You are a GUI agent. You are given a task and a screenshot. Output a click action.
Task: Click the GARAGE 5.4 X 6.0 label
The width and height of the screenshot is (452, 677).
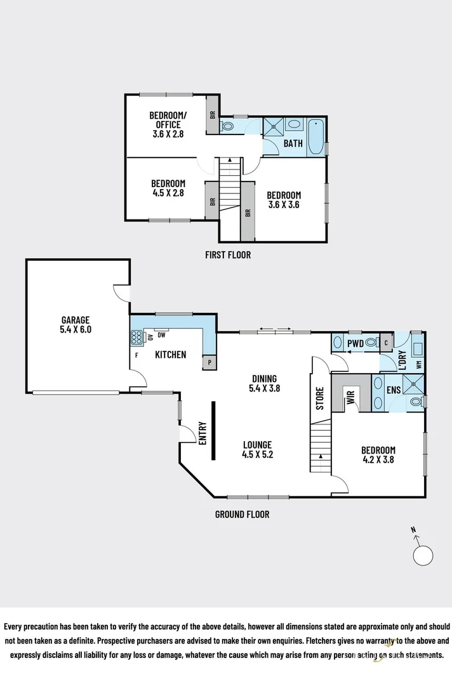coord(76,325)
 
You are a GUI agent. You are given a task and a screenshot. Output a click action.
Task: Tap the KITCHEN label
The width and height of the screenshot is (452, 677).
coord(171,355)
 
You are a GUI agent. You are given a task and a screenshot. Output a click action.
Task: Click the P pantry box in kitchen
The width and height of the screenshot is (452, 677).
coord(209,363)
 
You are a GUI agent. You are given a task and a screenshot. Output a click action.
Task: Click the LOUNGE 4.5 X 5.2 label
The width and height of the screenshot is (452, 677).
coord(256,450)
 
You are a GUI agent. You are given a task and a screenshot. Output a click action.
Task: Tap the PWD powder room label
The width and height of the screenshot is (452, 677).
coord(354,344)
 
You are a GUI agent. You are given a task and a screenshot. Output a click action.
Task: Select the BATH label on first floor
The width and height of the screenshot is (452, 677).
coord(293,143)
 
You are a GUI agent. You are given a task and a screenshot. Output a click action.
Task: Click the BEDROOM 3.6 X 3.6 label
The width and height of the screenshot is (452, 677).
coord(283,200)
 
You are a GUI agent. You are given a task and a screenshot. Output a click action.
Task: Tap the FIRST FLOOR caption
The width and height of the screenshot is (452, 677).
coord(228,255)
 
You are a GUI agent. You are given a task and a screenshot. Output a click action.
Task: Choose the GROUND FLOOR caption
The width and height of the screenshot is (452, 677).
coord(242,515)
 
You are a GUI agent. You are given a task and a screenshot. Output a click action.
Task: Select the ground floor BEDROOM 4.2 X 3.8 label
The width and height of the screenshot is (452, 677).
coord(378,455)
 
